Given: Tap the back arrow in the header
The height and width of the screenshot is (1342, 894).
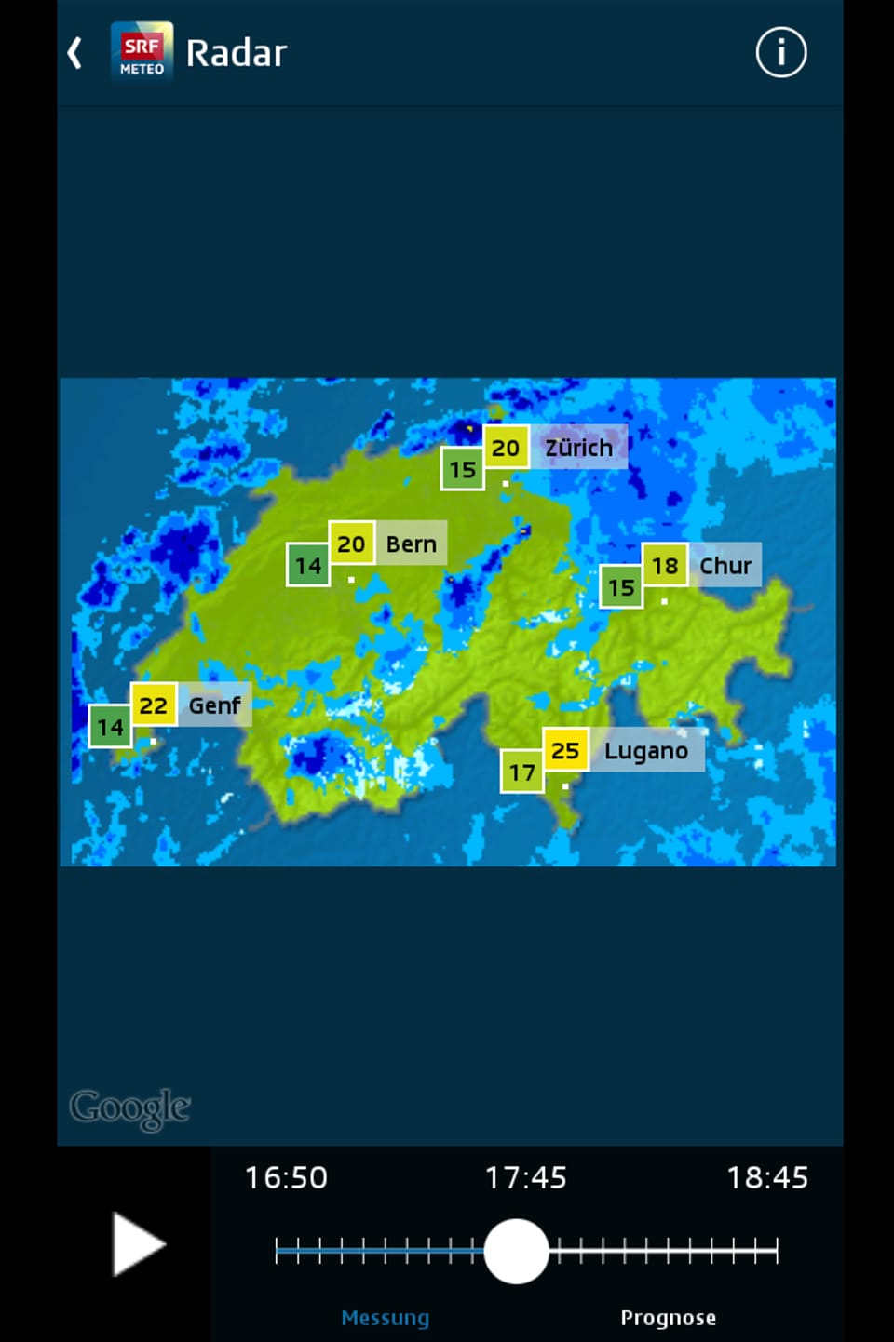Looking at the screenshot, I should coord(75,53).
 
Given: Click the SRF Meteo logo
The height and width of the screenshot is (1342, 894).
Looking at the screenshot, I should coord(142,52).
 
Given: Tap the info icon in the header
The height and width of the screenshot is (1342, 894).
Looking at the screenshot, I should coord(780,52).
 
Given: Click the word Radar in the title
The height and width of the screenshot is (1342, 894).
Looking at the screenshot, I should coord(237,53).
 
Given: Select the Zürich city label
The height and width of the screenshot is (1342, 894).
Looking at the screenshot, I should coord(579,448).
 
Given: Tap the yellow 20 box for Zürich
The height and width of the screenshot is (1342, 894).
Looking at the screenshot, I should coord(506,448).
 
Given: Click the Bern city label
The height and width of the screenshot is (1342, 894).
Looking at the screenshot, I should coord(411,544).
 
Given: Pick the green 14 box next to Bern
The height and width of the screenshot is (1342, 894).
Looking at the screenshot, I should coord(308,566).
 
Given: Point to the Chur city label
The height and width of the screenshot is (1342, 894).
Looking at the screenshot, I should coord(725,565).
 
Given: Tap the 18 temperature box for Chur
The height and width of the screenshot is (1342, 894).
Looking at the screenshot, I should coord(665,565).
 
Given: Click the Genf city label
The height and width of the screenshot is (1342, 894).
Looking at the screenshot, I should coord(214,705).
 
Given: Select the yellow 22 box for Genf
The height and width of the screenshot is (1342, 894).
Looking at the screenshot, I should coord(154,705).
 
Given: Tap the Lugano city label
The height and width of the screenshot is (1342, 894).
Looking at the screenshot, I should coord(646,751).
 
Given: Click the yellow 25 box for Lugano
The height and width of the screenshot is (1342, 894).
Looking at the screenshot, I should coord(565,750).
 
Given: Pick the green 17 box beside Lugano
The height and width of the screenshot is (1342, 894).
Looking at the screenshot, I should coord(521,772).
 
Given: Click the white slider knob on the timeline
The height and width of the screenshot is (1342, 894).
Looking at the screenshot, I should coord(517,1252).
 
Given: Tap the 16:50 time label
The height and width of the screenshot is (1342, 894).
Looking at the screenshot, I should coord(286,1177).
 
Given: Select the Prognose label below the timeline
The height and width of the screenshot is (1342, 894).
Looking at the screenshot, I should coord(668,1318).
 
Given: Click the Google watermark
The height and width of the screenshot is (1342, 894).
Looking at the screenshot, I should coord(130,1107).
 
